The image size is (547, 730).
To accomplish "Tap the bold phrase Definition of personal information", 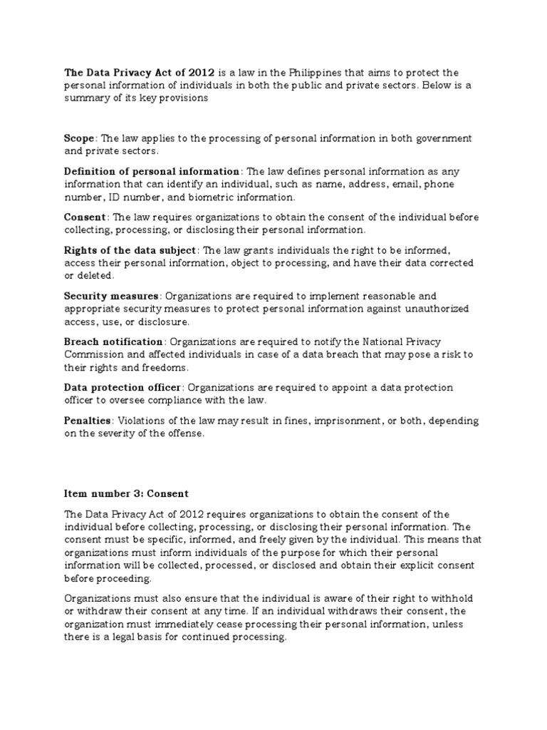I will click(x=152, y=172).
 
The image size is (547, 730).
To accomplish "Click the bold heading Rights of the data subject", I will click(x=132, y=250).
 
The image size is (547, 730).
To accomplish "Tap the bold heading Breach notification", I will click(x=114, y=342).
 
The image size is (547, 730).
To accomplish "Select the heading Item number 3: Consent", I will click(x=125, y=493).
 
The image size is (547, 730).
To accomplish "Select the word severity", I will click(x=121, y=434).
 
